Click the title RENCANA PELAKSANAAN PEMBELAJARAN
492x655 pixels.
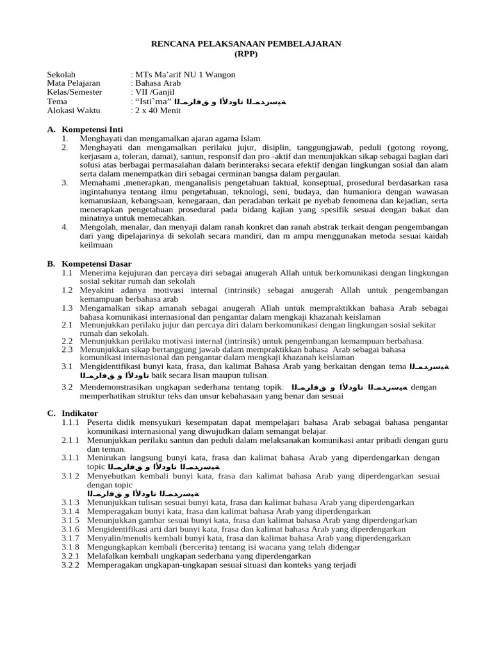(x=246, y=43)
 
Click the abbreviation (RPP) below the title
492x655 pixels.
(x=246, y=53)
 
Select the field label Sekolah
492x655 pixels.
(x=61, y=75)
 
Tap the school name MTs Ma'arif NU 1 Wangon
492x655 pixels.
(x=184, y=75)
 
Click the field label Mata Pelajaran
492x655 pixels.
(x=74, y=84)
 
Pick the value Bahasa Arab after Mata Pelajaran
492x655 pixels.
(x=157, y=84)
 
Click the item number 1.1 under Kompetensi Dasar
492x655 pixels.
(x=68, y=272)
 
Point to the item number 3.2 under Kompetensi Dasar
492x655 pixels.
(x=68, y=387)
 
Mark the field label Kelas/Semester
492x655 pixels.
(x=75, y=93)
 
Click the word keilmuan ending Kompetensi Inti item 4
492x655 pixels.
(x=96, y=244)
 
